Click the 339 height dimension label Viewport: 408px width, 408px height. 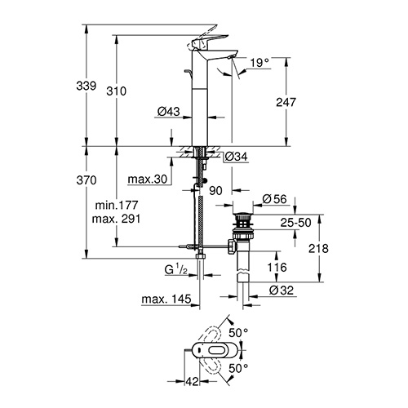point(86,86)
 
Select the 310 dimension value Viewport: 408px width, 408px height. point(117,91)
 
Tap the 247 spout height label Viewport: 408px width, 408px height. point(286,102)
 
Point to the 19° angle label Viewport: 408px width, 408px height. point(259,63)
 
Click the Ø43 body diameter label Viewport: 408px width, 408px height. point(169,111)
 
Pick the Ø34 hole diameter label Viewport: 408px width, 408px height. point(237,157)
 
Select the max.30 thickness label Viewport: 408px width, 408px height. point(148,180)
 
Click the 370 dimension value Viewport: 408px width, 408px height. point(86,180)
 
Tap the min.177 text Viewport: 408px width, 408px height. point(117,205)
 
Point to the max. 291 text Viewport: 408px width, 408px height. point(117,219)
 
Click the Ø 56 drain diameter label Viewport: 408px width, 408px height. point(274,199)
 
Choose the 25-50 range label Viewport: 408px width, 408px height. point(296,223)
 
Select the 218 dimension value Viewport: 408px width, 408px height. point(318,249)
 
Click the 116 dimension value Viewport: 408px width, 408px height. point(277,268)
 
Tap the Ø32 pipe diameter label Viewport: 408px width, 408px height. point(282,290)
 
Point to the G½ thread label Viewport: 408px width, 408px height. point(176,269)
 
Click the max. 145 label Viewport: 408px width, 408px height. point(166,299)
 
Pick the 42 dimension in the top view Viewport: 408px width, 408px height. point(192,382)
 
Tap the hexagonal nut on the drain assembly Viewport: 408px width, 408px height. point(233,246)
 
